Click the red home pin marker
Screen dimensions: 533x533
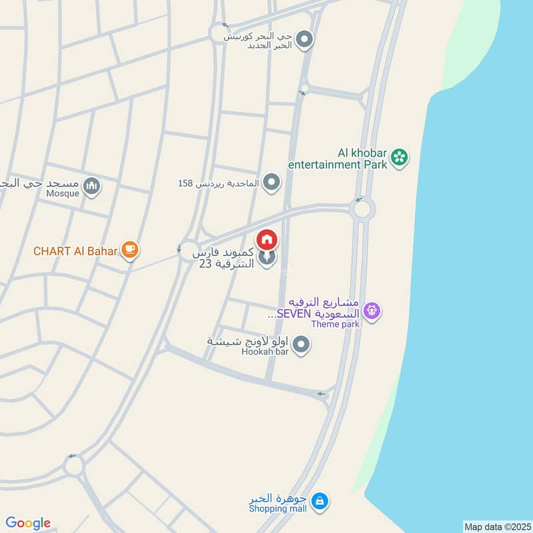[x=267, y=239]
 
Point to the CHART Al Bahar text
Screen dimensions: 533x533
[x=75, y=251]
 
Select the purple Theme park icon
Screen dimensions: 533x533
[x=372, y=310]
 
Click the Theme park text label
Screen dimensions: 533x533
[x=335, y=324]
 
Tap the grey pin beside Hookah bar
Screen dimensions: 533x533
[x=302, y=344]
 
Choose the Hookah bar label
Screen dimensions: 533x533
[x=265, y=351]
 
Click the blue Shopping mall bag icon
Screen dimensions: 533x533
[x=320, y=500]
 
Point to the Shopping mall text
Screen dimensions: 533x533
[x=278, y=509]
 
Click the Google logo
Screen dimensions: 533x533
[x=28, y=522]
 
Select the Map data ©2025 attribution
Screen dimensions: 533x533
[x=497, y=526]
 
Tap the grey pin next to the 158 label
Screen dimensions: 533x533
[x=271, y=182]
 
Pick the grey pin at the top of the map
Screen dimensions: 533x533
[x=304, y=39]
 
